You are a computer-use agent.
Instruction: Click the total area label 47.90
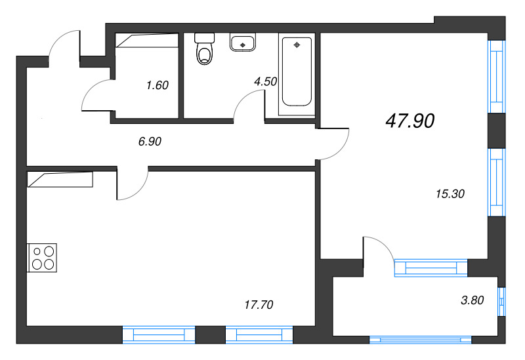[411, 121]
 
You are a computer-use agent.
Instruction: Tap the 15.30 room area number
[450, 193]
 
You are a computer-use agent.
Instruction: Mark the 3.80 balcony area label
[472, 301]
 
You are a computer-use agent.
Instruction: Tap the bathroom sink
[243, 43]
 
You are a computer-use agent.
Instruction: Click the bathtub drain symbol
[297, 45]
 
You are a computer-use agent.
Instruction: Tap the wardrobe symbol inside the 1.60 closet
[148, 41]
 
